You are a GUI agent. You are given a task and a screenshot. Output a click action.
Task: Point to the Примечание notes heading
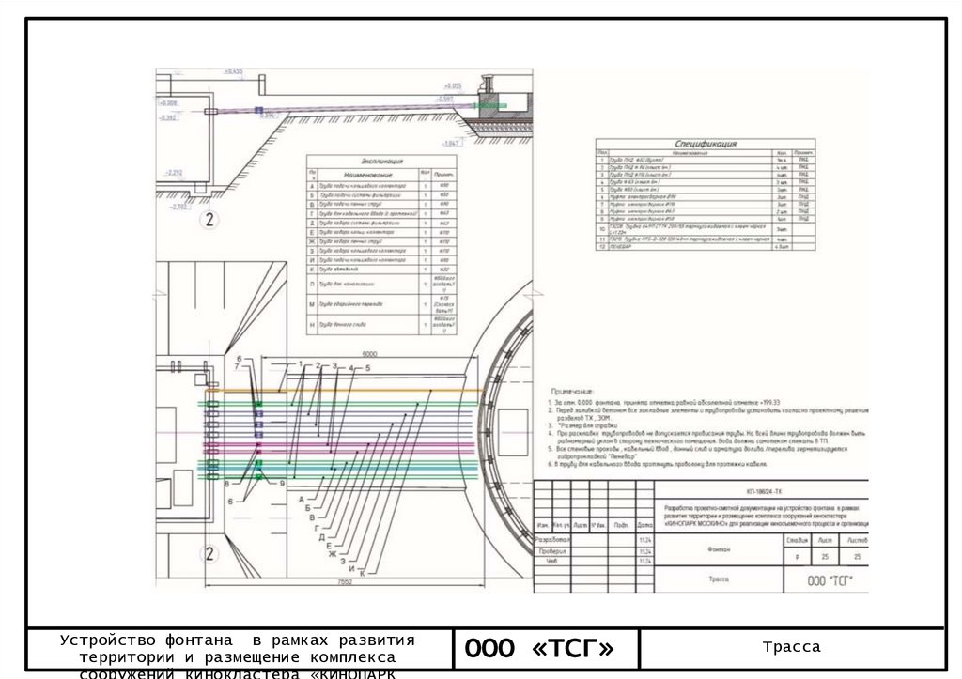tap(571, 390)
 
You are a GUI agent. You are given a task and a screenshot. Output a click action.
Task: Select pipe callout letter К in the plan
tap(361, 573)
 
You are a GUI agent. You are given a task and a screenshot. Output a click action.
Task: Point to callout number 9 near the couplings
tap(281, 482)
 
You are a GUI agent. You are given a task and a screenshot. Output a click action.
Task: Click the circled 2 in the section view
tap(209, 221)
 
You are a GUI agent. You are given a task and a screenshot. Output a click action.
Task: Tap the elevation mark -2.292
tap(173, 174)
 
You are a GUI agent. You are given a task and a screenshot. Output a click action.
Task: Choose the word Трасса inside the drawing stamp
tap(719, 580)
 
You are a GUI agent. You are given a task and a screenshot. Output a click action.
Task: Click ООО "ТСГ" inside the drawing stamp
tap(830, 580)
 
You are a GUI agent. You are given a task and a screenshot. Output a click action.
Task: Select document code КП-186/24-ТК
tap(765, 491)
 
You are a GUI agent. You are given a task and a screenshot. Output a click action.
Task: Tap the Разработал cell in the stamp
tap(552, 540)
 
